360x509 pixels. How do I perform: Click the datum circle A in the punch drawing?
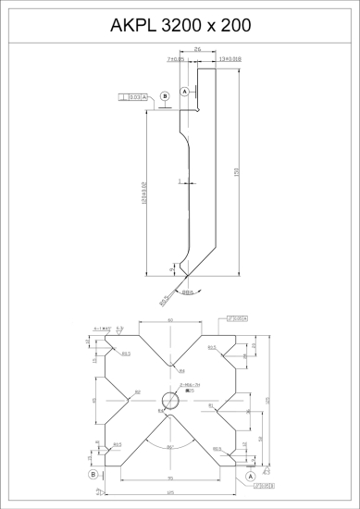(184, 93)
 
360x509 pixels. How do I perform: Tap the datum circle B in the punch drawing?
(165, 95)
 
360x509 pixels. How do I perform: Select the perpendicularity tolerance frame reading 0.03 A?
(134, 96)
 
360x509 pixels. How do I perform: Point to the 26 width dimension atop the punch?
(198, 53)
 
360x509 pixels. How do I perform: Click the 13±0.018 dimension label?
(230, 59)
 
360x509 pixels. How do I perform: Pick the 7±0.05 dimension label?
(176, 59)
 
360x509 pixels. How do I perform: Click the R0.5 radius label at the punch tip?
(164, 298)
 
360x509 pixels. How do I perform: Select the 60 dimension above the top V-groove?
(170, 319)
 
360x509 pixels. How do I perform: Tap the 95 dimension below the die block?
(170, 479)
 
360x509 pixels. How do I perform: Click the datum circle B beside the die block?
(93, 474)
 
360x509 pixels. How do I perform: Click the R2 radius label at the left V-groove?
(138, 392)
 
